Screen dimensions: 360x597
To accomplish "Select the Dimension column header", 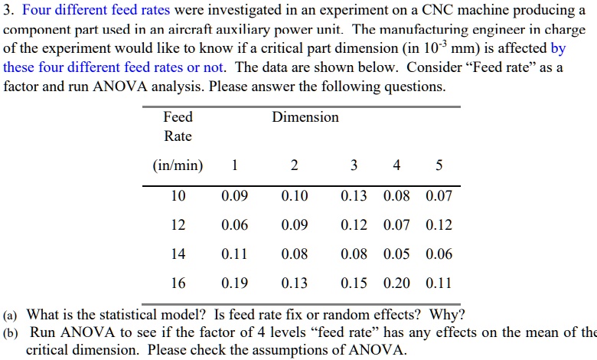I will click(x=305, y=117).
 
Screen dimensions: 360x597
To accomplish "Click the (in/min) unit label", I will click(x=178, y=166).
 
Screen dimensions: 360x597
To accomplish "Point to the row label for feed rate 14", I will click(x=178, y=254).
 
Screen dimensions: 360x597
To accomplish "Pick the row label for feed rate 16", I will click(x=178, y=283).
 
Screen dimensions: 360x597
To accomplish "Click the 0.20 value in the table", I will click(x=396, y=283).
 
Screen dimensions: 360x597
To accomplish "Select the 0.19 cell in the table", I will click(x=234, y=283).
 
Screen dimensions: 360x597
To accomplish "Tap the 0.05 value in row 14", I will click(x=396, y=254).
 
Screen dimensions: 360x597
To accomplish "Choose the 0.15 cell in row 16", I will click(x=354, y=283).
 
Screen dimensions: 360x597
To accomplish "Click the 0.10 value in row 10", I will click(x=295, y=196).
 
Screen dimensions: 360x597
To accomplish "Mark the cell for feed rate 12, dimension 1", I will click(x=234, y=225).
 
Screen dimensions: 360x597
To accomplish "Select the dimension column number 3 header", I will click(x=354, y=166).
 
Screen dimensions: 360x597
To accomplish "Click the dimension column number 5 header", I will click(x=439, y=166).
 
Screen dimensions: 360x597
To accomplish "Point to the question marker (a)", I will click(x=11, y=315).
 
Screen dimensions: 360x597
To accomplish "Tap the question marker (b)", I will click(x=11, y=332).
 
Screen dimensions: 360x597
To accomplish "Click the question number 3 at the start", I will click(x=8, y=11).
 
